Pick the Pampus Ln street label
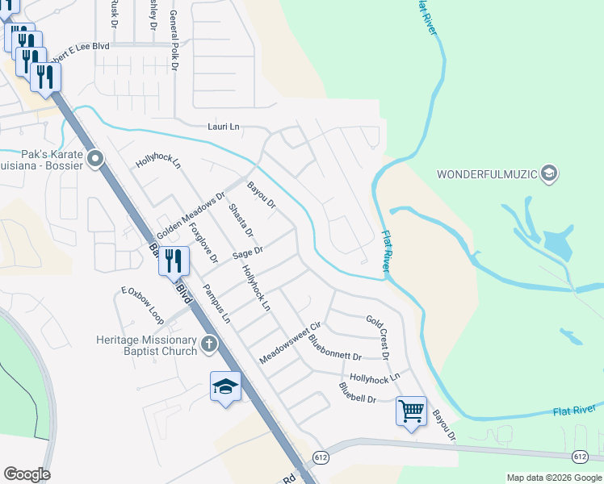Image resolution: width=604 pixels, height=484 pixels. (216, 304)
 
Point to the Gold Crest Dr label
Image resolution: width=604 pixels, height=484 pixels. (379, 337)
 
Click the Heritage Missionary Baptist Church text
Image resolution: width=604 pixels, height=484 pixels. (146, 345)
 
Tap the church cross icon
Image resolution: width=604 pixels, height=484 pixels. (209, 345)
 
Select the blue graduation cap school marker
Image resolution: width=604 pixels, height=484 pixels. (226, 386)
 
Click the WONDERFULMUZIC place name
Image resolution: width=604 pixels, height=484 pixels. (486, 174)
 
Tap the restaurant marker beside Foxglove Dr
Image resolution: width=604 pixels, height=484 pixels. (173, 261)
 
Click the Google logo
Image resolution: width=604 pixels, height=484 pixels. (27, 474)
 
